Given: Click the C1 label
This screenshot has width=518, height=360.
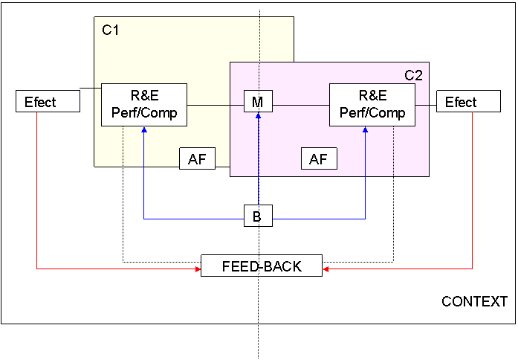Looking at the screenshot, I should [110, 30].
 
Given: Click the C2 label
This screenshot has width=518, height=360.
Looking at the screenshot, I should [413, 75].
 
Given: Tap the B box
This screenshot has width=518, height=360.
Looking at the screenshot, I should [257, 217].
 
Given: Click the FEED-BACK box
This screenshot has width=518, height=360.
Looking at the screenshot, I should [262, 266].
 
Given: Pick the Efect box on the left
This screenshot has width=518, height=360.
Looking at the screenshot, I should [48, 102].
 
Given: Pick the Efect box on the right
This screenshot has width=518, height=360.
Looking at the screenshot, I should [468, 102].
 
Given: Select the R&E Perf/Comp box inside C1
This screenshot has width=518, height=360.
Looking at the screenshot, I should [144, 105].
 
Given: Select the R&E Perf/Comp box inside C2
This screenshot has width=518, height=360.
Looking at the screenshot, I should [372, 105].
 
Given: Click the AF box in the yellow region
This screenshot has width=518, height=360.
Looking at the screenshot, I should [197, 158].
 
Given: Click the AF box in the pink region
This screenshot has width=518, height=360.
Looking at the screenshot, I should [318, 159].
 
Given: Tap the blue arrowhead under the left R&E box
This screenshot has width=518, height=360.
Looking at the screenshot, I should [144, 130].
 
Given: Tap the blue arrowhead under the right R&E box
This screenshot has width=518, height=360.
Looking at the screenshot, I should [366, 130].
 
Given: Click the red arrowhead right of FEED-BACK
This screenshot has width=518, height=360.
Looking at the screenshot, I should [326, 269].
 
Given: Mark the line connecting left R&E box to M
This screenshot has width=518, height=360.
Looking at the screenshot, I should [216, 105].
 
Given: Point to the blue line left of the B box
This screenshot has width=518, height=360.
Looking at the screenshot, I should [193, 219].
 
